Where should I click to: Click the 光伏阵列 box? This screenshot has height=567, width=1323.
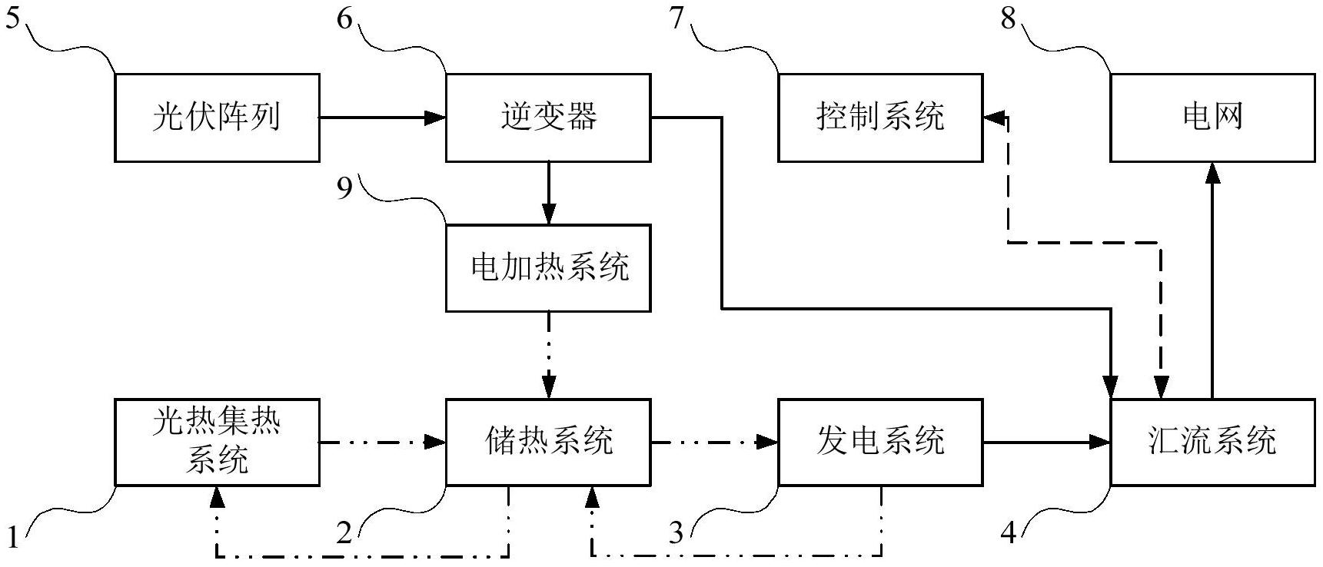[217, 118]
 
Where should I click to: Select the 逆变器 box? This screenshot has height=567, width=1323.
[548, 118]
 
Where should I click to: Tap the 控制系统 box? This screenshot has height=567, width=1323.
[879, 118]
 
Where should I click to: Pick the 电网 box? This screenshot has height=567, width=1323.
[1212, 118]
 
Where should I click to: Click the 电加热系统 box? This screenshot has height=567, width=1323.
[548, 267]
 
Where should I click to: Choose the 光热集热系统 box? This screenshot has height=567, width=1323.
[217, 442]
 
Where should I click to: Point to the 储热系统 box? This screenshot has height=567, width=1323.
[548, 442]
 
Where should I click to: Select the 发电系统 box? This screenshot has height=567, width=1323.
[879, 442]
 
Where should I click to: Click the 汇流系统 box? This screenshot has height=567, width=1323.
[1212, 442]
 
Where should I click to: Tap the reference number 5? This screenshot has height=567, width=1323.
[12, 18]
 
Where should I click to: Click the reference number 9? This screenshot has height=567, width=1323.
[345, 187]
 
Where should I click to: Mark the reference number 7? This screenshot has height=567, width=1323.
[676, 18]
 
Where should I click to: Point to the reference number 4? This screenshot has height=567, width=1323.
[1008, 532]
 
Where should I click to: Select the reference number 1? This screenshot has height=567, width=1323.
[12, 532]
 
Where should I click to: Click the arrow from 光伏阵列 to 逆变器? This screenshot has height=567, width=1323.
[382, 118]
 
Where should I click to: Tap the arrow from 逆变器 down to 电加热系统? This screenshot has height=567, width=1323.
[548, 192]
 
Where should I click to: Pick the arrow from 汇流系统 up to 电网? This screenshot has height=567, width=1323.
[1212, 280]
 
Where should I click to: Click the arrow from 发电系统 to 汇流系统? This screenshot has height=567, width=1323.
[1046, 442]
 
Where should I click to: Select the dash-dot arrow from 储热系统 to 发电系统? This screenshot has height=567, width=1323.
[714, 442]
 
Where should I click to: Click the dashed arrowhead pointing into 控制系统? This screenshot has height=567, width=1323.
[995, 118]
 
